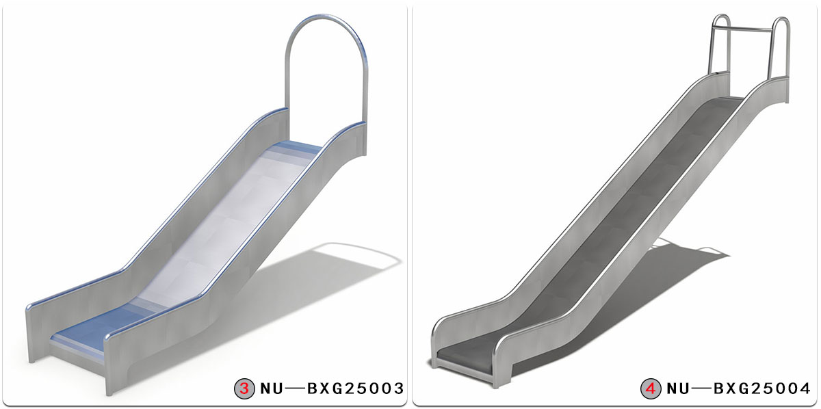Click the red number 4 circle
[651, 389]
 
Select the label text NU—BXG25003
[332, 389]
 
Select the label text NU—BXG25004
[738, 389]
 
